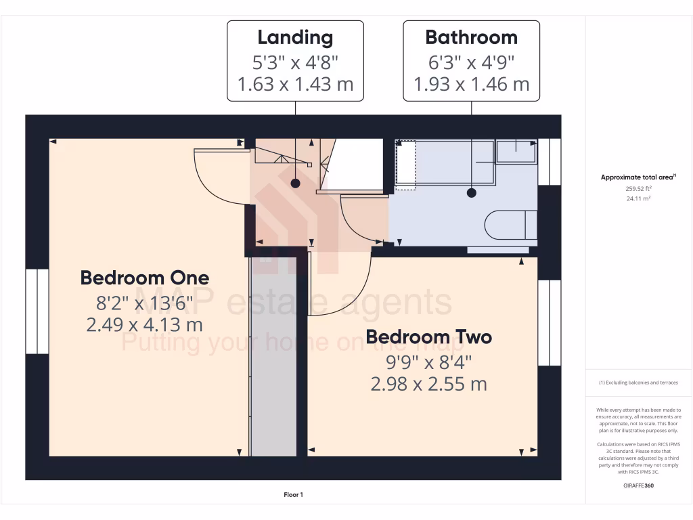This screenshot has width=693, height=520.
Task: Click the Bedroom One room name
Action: point(145,278)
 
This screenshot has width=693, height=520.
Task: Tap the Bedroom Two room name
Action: point(428,337)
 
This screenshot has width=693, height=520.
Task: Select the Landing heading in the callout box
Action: point(295,37)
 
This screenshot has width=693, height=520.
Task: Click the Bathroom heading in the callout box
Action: point(471,37)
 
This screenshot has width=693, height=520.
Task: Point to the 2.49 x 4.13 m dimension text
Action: point(145,324)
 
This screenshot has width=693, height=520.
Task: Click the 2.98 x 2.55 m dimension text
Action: point(428,384)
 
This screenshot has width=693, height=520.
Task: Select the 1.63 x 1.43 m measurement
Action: point(295,85)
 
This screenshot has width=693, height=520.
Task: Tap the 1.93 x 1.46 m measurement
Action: point(471,85)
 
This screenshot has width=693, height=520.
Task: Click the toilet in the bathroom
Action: point(511,225)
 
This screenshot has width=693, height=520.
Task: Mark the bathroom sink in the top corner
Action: point(516,152)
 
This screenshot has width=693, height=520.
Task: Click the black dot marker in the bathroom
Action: point(472,193)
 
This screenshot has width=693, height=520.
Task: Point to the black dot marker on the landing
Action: point(295,183)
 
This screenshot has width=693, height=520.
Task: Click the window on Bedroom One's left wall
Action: point(37,311)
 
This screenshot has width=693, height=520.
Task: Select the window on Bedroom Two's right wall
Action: point(550,322)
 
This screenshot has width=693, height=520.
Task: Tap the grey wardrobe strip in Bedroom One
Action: point(273,355)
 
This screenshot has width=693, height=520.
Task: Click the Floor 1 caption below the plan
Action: point(293,495)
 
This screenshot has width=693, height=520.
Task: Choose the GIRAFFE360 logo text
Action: point(639,485)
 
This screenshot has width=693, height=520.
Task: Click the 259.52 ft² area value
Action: point(639,190)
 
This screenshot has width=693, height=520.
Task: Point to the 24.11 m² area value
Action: point(639,199)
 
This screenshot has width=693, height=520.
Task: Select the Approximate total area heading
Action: point(638,177)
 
